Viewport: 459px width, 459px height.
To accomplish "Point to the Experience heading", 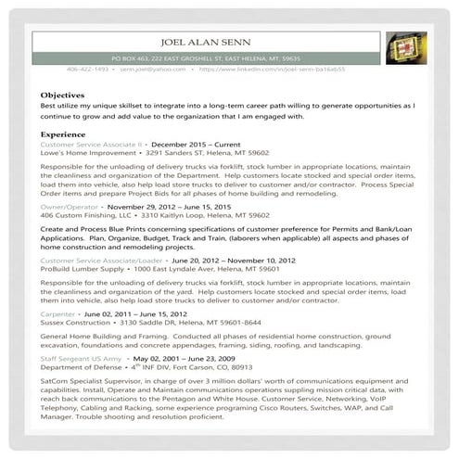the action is [64, 134].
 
